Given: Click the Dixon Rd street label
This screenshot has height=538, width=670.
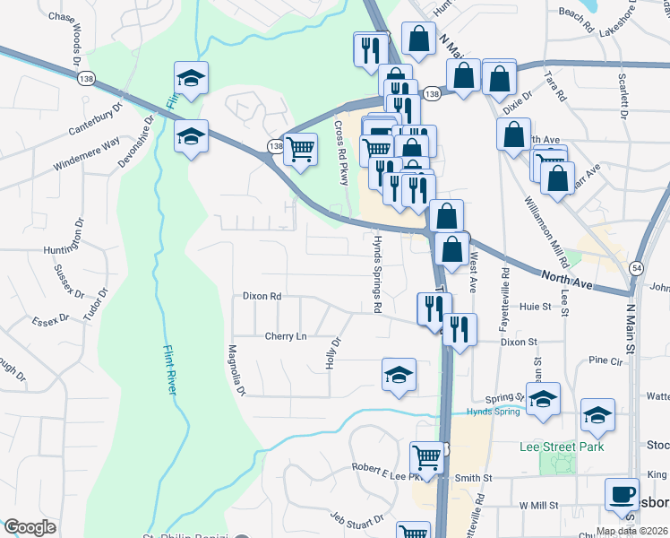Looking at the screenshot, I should tap(262, 296).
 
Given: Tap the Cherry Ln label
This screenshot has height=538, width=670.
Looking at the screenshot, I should tap(285, 336).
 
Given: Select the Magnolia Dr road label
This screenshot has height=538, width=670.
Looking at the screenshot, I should tap(236, 370).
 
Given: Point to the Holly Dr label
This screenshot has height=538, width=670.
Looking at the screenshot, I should tap(333, 353).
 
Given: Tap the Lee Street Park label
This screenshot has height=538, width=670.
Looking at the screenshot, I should tap(562, 447).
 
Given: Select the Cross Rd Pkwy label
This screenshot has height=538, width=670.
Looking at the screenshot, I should tap(342, 152).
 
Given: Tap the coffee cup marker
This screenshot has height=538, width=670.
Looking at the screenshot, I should tap(621, 494).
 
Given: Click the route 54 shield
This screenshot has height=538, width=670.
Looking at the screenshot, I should tap(634, 268).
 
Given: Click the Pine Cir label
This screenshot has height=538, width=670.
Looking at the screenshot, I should tap(605, 360).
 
